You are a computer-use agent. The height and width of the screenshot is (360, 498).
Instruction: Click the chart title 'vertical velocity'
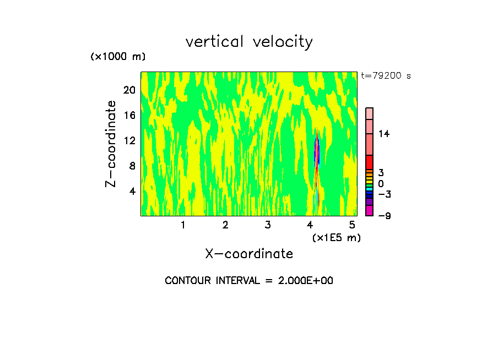[x=249, y=42]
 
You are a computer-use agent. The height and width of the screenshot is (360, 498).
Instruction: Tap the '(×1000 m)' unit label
[x=118, y=57]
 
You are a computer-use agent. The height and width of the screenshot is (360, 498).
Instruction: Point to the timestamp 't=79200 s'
[x=386, y=76]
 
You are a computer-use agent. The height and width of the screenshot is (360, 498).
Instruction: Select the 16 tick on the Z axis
[x=129, y=115]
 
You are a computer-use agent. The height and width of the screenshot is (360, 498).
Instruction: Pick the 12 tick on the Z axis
[x=129, y=140]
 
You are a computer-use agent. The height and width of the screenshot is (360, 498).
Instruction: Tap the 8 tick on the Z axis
[x=132, y=166]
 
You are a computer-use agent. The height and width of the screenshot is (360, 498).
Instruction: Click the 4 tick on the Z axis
[x=132, y=191]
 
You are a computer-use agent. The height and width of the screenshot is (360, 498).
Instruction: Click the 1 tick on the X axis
[x=183, y=225]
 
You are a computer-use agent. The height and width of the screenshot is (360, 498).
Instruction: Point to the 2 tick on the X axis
[x=225, y=225]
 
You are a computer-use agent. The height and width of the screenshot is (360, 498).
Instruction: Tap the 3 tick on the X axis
[x=267, y=225]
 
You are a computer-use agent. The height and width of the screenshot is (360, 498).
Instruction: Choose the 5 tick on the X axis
[x=352, y=225]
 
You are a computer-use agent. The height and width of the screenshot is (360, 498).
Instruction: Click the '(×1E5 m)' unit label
[x=336, y=237]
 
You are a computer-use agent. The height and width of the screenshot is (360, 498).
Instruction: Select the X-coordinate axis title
[x=249, y=254]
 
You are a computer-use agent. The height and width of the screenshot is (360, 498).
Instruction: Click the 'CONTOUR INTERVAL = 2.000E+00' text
[x=249, y=281]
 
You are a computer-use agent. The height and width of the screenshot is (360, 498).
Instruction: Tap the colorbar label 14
[x=384, y=134]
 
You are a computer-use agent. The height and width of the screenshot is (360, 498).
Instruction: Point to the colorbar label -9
[x=385, y=216]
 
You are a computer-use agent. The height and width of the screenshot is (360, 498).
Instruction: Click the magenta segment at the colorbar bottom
[x=369, y=211]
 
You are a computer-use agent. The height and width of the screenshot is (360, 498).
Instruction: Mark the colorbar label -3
[x=385, y=194]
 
